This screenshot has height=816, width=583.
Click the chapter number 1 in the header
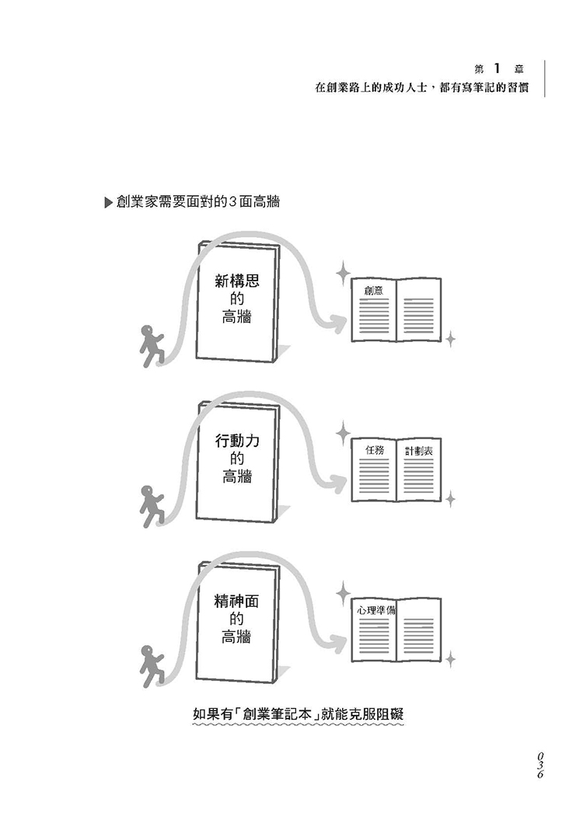point(495,68)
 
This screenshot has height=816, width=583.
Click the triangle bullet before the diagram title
point(108,204)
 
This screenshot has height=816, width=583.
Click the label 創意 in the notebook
point(374,291)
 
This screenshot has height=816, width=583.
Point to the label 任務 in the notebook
point(375,451)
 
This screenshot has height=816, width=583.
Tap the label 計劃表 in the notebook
point(418,452)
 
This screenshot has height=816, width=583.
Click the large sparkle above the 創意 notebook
point(342,272)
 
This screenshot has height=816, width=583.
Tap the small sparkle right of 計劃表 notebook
point(449,499)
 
